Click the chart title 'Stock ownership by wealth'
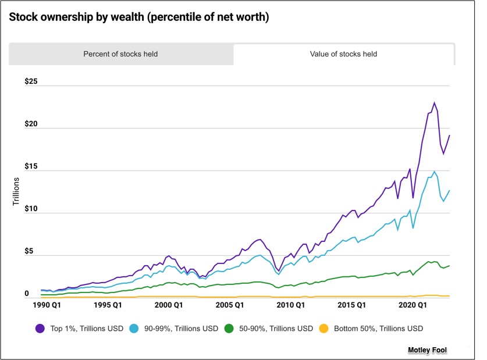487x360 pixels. (138, 17)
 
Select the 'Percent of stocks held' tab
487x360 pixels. (120, 54)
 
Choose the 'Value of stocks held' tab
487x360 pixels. (343, 54)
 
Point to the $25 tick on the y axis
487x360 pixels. (31, 81)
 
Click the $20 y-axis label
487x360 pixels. (31, 125)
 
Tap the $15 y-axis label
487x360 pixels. (31, 167)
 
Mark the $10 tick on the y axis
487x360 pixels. (31, 209)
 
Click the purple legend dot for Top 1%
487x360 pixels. (40, 329)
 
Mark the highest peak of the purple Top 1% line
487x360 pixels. (434, 103)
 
